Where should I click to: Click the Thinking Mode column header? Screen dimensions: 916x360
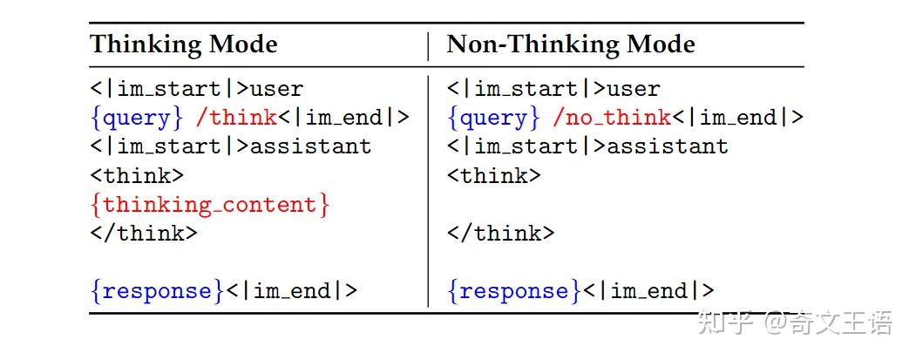[x=183, y=45]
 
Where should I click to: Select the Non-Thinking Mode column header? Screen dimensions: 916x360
[x=571, y=45]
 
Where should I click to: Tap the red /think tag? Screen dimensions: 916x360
[x=236, y=118]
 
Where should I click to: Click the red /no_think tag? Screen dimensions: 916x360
[x=611, y=118]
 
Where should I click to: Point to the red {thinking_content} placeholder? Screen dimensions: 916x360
[x=210, y=205]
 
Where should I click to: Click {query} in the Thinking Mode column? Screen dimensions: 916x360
[x=138, y=118]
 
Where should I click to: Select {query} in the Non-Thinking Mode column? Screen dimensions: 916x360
[x=494, y=118]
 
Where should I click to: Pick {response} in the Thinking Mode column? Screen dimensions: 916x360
[x=157, y=291]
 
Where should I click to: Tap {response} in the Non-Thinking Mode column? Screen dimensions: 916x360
[x=514, y=291]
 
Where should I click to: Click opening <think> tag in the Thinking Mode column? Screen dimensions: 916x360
[x=137, y=175]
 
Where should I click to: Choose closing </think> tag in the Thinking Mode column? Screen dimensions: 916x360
[x=144, y=234]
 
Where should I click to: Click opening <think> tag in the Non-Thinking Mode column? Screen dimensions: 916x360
[x=493, y=175]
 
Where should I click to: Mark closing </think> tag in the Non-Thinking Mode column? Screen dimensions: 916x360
[x=500, y=234]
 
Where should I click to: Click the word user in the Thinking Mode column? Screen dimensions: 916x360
[x=277, y=90]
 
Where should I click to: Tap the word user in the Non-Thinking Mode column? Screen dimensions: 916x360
[x=634, y=90]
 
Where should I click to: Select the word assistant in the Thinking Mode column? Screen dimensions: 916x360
[x=311, y=146]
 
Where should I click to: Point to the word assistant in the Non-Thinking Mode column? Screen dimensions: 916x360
[x=668, y=146]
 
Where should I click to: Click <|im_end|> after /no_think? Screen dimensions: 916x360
[x=738, y=118]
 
